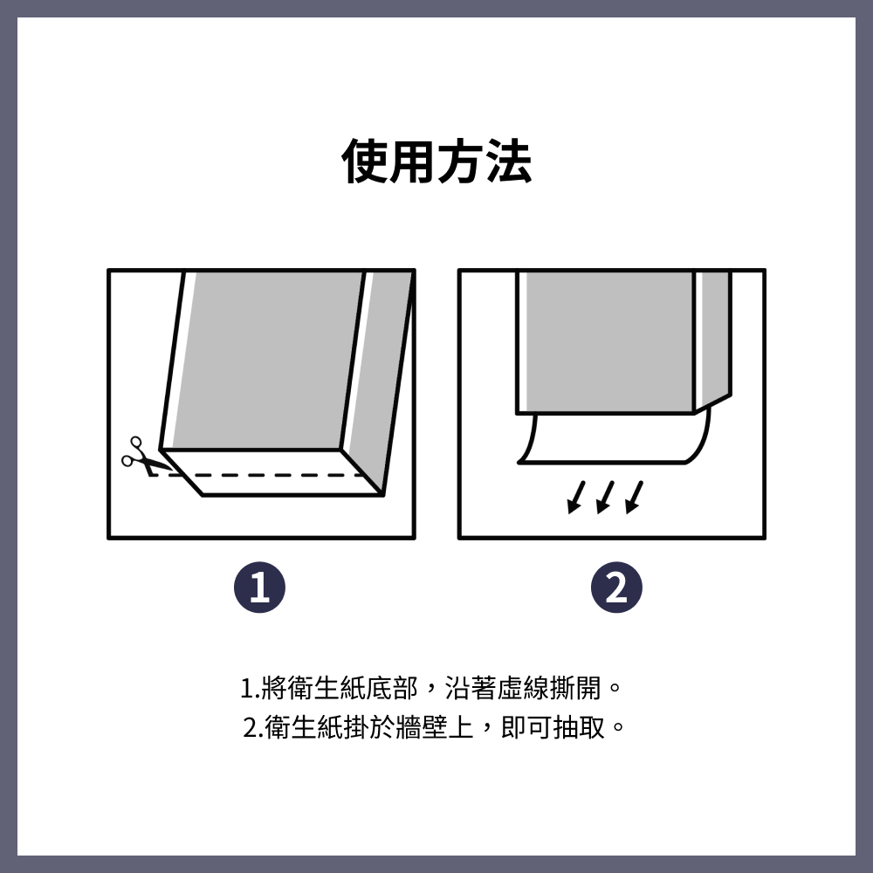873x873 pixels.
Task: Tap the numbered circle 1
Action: (x=259, y=588)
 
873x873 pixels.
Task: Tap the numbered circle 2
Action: (x=616, y=588)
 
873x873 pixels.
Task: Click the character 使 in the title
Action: (x=365, y=162)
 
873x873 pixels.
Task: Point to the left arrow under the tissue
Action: (x=576, y=498)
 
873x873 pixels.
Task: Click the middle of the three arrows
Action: (x=605, y=498)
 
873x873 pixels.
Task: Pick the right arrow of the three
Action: (x=634, y=498)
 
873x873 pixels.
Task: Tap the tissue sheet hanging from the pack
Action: (x=613, y=439)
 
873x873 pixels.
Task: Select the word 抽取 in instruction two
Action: (x=580, y=727)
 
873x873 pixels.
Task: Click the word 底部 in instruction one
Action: (x=392, y=688)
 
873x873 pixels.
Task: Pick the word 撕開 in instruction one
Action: (x=575, y=688)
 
